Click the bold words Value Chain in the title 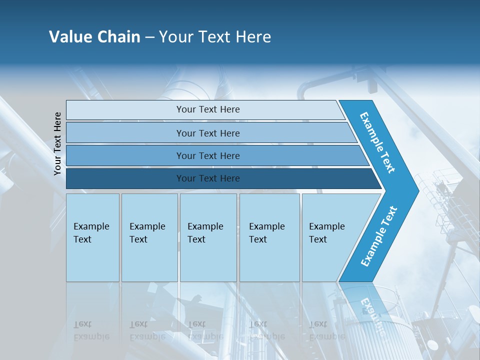(x=94, y=37)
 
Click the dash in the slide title (x=149, y=37)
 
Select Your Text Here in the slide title (x=215, y=37)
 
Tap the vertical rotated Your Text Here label (x=57, y=143)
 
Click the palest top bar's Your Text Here (x=208, y=109)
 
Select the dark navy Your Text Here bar (x=208, y=178)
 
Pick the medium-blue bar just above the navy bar (x=208, y=156)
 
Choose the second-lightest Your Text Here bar (x=208, y=133)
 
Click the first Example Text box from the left (x=92, y=237)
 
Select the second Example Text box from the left (x=149, y=237)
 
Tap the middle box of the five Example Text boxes (x=208, y=237)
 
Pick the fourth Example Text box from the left (x=269, y=237)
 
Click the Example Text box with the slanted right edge (x=330, y=237)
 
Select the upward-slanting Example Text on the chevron (x=379, y=236)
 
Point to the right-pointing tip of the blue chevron (x=416, y=190)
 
